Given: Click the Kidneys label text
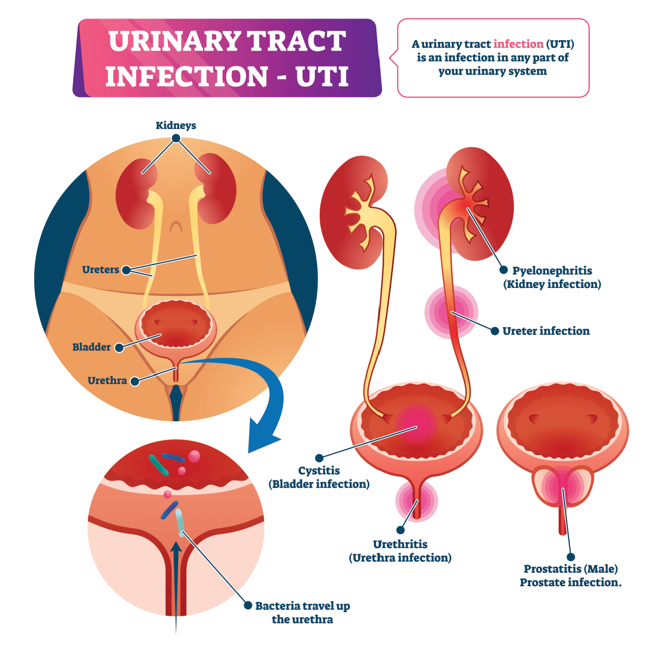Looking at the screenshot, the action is (176, 125).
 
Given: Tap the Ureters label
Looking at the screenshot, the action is (101, 269).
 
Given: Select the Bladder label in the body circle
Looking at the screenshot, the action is (91, 347).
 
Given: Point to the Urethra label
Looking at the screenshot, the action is (107, 380).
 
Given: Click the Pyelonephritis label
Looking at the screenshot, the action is (552, 270).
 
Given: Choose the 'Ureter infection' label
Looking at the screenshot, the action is (546, 331).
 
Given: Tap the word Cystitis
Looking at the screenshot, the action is (319, 471).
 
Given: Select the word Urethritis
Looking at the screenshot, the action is (400, 544).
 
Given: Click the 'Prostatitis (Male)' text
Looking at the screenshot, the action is (571, 569).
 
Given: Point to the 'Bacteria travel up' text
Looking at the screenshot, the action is (302, 606).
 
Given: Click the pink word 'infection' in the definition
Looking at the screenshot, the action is (518, 44).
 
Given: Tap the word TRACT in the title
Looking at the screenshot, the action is (296, 41).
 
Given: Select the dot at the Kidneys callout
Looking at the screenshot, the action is (176, 138).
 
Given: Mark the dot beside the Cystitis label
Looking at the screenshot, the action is (319, 458).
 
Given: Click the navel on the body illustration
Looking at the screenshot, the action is (176, 227).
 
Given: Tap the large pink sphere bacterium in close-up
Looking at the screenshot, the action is (194, 456).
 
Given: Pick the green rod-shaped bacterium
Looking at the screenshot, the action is (158, 466).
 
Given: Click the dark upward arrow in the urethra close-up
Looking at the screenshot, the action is (176, 587).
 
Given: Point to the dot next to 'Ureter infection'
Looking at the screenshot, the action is (495, 331).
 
